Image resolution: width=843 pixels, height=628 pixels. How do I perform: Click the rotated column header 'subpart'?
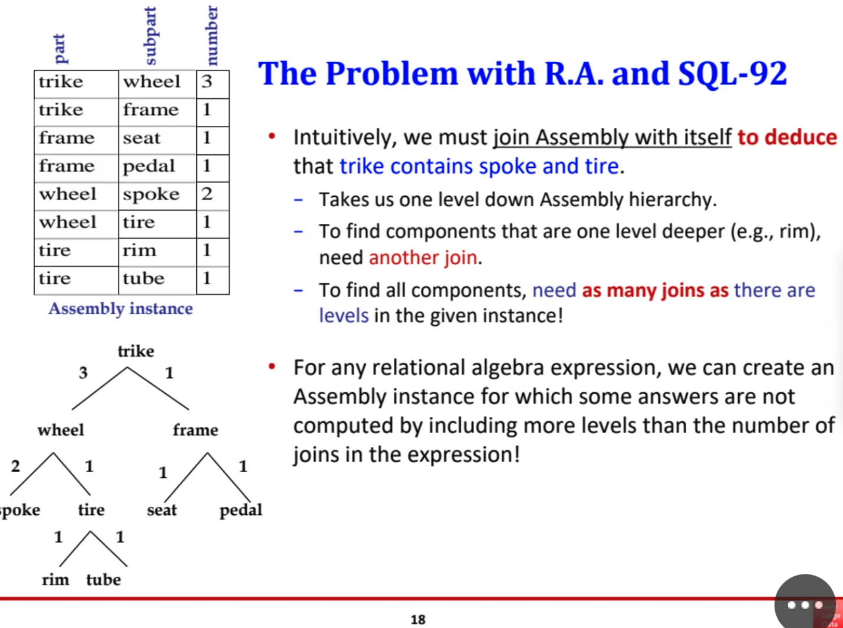pos(151,35)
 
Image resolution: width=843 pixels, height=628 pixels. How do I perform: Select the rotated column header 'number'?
pos(212,35)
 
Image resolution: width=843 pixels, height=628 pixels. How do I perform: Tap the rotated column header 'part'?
pos(60,48)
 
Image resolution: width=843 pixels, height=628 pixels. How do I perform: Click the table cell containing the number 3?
pos(208,81)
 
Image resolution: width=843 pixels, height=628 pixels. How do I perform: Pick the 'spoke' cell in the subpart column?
pos(151,194)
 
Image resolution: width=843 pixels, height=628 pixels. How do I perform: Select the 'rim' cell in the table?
pos(140,250)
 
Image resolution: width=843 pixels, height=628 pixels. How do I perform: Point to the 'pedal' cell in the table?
pos(149,166)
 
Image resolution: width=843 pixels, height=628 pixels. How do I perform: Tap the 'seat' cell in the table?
pos(141,138)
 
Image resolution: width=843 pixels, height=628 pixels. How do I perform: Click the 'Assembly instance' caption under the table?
pos(120,309)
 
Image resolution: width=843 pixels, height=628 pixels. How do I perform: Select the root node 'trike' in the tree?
pos(136,351)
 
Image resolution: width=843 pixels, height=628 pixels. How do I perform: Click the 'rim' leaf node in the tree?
pos(55,580)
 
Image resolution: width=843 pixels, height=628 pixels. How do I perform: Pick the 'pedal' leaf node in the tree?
pos(241,510)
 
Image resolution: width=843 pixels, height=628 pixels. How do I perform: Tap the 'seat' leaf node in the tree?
pos(162,510)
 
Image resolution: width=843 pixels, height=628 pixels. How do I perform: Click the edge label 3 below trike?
pos(83,373)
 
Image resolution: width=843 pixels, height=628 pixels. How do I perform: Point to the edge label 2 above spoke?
pos(15,466)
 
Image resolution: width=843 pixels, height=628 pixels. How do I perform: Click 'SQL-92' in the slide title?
pos(732,74)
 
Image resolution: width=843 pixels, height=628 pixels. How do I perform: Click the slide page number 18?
pos(418,619)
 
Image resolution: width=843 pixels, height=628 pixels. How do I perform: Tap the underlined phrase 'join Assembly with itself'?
pos(613,137)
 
